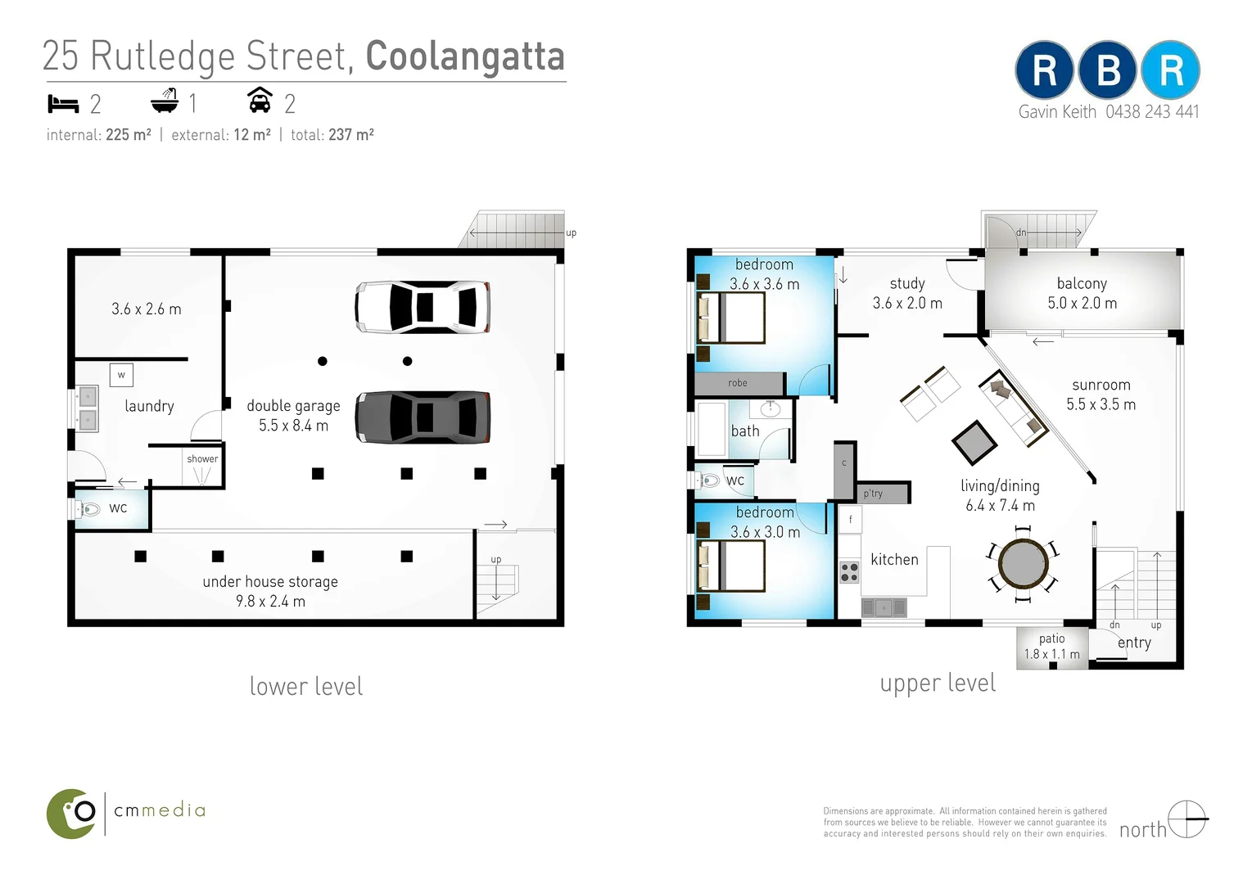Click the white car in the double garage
pyautogui.click(x=423, y=307)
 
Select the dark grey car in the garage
pyautogui.click(x=423, y=417)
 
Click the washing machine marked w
pyautogui.click(x=121, y=375)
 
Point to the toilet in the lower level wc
pyautogui.click(x=88, y=509)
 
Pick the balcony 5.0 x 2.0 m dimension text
pyautogui.click(x=1082, y=303)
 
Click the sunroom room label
pyautogui.click(x=1101, y=385)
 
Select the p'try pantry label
pyautogui.click(x=873, y=494)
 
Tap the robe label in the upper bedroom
pyautogui.click(x=737, y=383)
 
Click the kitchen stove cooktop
pyautogui.click(x=849, y=572)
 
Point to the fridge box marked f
pyautogui.click(x=850, y=520)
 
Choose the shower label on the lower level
pyautogui.click(x=202, y=459)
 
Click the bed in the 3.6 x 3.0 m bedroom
pyautogui.click(x=730, y=566)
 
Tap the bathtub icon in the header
pyautogui.click(x=165, y=101)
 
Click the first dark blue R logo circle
pyautogui.click(x=1044, y=70)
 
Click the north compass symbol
pyautogui.click(x=1186, y=819)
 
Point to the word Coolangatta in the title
pyautogui.click(x=464, y=56)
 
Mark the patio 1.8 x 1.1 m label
pyautogui.click(x=1051, y=646)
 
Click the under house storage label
pyautogui.click(x=270, y=582)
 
